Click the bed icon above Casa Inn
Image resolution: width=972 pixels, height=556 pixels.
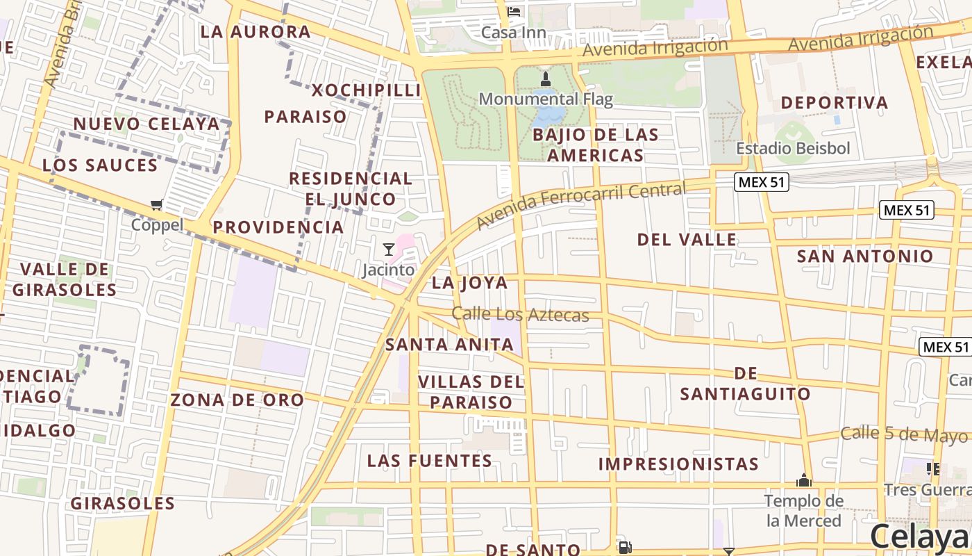point(514,12)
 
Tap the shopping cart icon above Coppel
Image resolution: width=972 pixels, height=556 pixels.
point(157,204)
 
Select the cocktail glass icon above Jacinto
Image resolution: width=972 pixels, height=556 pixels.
point(389,249)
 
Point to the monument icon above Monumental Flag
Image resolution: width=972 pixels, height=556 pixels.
point(546,79)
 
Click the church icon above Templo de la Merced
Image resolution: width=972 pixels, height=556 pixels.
point(804,480)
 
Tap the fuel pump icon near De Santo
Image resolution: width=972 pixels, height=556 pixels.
point(624,548)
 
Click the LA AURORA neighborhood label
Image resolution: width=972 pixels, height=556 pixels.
point(255,32)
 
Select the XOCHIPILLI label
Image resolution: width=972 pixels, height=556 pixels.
point(366,90)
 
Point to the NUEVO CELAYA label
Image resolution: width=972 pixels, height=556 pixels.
point(146,124)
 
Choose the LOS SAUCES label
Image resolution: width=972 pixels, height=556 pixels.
point(100,165)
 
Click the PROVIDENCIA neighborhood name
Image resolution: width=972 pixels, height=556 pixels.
point(278,227)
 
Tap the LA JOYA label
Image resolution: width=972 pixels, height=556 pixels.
point(469,283)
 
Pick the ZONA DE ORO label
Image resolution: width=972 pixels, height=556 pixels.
point(237,400)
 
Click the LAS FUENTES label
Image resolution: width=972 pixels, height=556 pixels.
point(429,461)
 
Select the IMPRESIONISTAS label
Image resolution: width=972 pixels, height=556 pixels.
point(678,464)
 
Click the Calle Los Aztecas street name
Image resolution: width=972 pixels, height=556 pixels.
point(520,315)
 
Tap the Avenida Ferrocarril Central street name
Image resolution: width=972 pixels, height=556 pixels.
point(580,206)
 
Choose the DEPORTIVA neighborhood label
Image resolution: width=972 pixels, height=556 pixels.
point(834,103)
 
